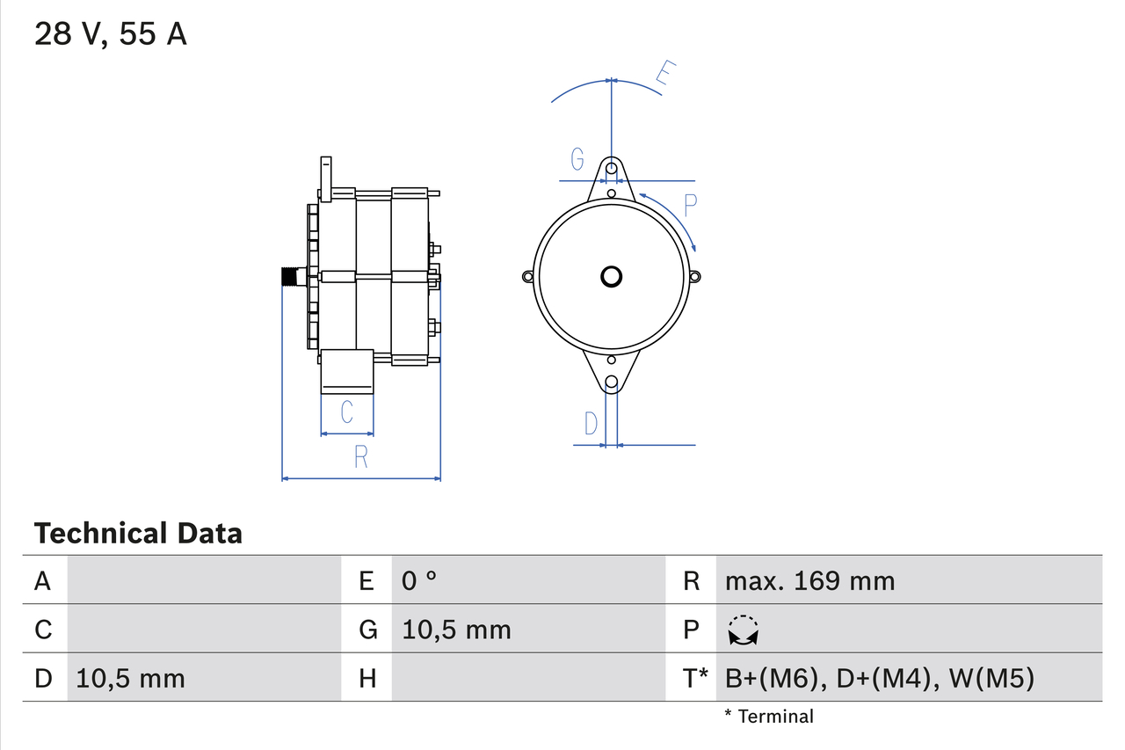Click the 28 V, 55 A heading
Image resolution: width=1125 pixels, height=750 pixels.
[x=110, y=34]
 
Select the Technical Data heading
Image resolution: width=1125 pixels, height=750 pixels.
[x=138, y=533]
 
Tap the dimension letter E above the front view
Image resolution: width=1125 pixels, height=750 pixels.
[x=667, y=76]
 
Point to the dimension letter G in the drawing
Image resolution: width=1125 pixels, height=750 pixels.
[x=577, y=159]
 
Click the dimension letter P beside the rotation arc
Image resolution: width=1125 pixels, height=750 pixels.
[x=690, y=206]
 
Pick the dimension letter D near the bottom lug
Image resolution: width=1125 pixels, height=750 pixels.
[x=591, y=424]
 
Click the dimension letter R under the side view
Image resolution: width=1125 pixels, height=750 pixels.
[x=360, y=457]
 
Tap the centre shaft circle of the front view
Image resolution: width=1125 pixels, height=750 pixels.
[x=611, y=277]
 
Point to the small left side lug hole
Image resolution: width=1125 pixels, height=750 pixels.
[x=527, y=277]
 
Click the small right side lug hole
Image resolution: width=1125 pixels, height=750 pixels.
[x=694, y=277]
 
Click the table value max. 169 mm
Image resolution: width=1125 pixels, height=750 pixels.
[x=809, y=581]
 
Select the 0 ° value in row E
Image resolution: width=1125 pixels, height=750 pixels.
[x=419, y=581]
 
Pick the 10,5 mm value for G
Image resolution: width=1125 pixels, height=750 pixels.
[x=456, y=630]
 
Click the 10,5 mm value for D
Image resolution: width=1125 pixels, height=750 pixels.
[x=130, y=678]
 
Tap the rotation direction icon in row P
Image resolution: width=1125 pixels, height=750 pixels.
[x=744, y=630]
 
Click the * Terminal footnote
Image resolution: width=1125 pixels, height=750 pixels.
[x=769, y=717]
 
